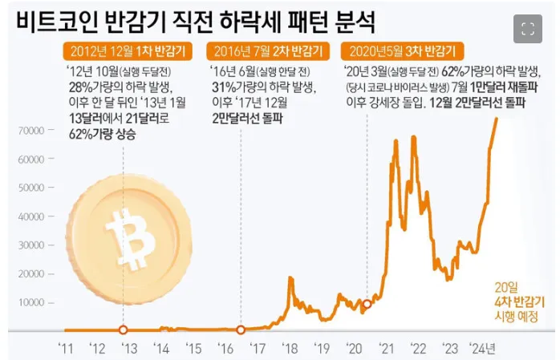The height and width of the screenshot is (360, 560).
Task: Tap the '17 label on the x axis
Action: tap(258, 348)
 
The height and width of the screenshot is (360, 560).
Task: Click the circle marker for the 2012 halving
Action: tap(123, 330)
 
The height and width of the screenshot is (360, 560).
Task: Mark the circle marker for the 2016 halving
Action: tap(241, 330)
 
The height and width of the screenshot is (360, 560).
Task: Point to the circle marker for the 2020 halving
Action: tap(367, 304)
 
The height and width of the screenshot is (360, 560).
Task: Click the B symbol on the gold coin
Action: tap(128, 241)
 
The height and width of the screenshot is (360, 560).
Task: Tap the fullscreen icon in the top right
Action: tap(527, 30)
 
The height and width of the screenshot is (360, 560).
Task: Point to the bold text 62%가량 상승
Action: tap(101, 134)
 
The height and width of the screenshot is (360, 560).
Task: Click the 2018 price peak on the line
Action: tap(290, 277)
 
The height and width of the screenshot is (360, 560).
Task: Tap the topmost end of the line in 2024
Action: tap(497, 119)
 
